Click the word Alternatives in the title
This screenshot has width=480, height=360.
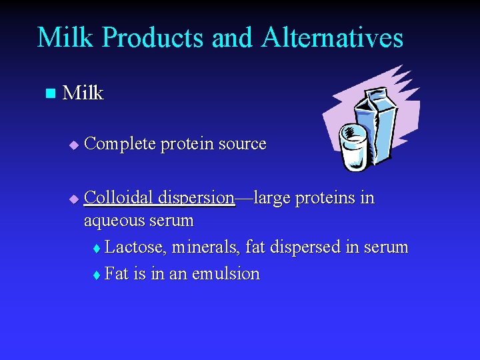332,37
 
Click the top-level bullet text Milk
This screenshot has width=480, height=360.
83,93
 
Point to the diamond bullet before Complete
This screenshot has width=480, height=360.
74,145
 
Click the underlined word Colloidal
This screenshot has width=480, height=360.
119,198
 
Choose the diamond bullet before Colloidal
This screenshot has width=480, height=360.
74,199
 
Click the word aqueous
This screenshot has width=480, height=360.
112,221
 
